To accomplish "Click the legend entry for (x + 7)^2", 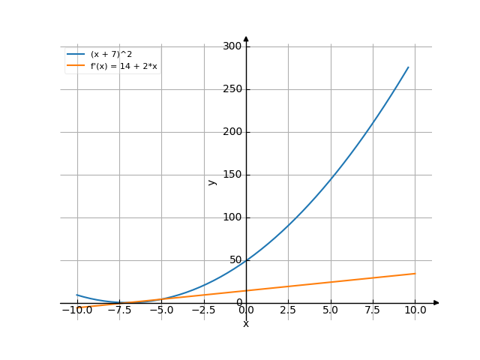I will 111,54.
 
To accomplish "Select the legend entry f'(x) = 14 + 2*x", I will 123,66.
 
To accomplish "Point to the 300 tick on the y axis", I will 232,46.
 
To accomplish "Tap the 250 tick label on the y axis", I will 232,89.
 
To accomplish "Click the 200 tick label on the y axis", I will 232,132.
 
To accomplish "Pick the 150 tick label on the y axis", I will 232,175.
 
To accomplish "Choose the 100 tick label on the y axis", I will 232,217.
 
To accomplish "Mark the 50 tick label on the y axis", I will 235,260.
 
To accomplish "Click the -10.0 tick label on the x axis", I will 76,310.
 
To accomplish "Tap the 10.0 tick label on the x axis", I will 415,310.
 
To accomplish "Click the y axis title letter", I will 212,181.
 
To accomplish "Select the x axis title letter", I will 246,324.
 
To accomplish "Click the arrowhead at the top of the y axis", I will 246,38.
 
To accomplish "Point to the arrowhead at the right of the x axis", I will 436,303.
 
